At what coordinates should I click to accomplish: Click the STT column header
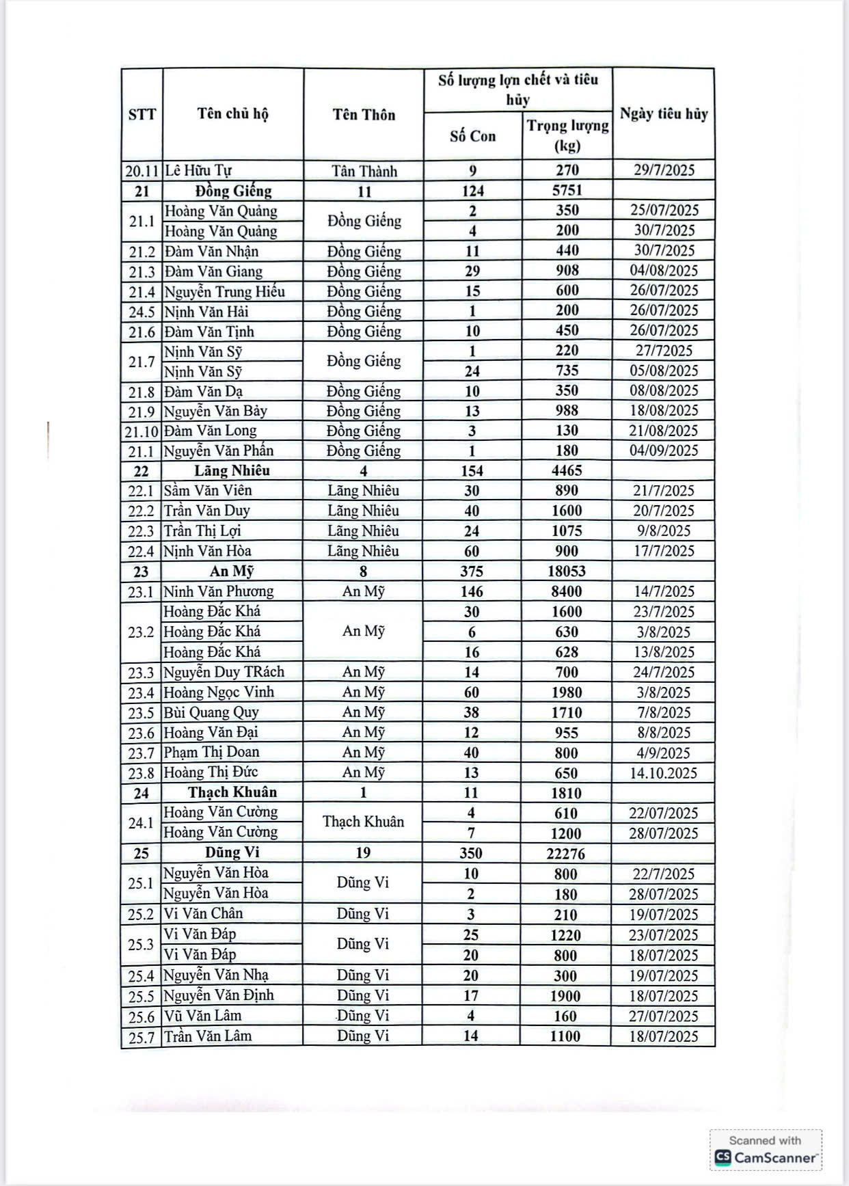coord(142,114)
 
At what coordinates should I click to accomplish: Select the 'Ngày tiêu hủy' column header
coord(663,114)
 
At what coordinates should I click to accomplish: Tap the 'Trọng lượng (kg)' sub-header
coord(567,135)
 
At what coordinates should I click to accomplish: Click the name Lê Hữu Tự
coord(199,170)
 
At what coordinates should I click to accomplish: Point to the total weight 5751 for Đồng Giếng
coord(567,191)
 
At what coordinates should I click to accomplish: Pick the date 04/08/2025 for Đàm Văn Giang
coord(663,271)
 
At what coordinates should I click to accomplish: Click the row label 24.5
coord(142,312)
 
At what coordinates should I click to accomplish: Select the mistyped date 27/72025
coord(663,351)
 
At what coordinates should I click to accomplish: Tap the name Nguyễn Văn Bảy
coord(215,411)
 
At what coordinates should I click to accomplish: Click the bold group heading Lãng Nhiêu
coord(232,470)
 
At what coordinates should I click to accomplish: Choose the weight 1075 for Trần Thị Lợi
coord(567,530)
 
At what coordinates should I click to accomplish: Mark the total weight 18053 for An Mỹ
coord(567,571)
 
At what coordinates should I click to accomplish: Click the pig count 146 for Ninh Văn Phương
coord(472,591)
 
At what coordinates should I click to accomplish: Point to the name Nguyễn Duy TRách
coord(224,672)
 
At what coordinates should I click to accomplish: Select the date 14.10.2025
coord(663,773)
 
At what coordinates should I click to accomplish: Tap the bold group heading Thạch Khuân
coord(232,792)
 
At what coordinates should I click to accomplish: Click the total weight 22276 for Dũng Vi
coord(566,853)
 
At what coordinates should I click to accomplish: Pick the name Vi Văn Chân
coord(203,914)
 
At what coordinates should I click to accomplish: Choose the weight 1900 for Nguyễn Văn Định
coord(565,995)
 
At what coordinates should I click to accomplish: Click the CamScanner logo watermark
coord(766,1157)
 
